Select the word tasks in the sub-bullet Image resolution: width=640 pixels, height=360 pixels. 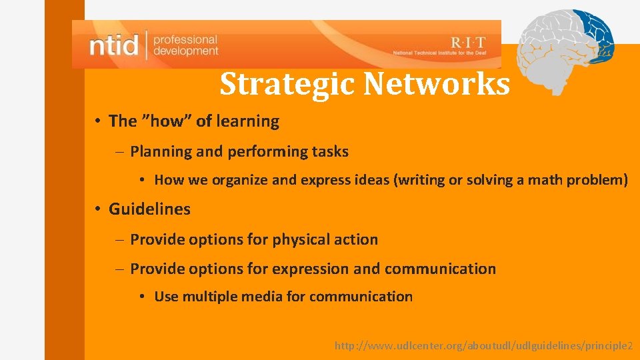click(331, 152)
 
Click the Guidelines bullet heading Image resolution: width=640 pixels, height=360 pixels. click(149, 209)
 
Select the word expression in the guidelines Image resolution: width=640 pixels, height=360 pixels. click(311, 269)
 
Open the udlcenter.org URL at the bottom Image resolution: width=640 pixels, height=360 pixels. click(483, 346)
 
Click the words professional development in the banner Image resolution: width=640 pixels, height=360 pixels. click(185, 45)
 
